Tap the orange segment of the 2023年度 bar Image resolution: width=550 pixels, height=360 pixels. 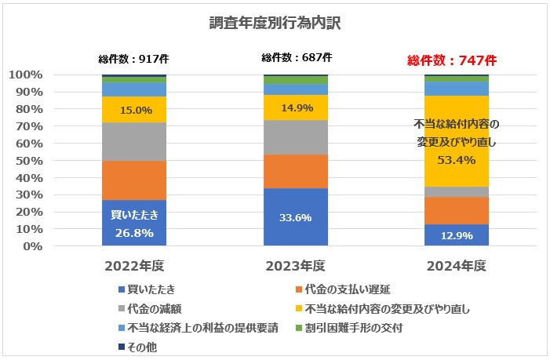[295, 171]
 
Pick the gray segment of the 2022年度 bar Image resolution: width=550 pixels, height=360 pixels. [133, 141]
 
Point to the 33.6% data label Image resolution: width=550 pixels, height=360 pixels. [295, 219]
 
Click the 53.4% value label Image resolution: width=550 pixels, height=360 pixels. [457, 161]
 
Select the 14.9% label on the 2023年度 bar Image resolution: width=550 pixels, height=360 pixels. [295, 108]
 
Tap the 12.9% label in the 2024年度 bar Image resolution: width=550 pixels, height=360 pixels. [457, 236]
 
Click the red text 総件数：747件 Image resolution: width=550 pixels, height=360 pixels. [453, 60]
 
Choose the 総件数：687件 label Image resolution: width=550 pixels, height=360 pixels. [296, 57]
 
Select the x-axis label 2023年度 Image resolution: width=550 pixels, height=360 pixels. [295, 265]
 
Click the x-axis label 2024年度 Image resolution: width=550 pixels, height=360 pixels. [457, 265]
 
